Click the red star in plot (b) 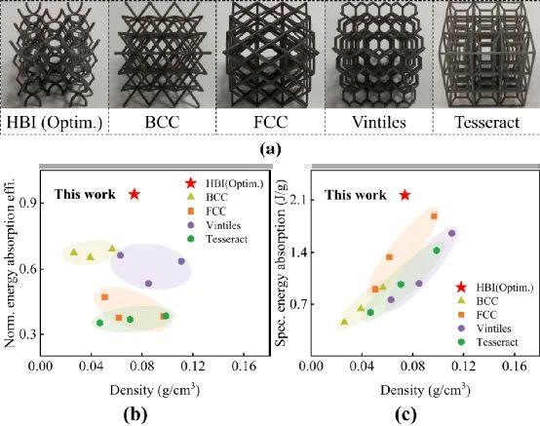point(135,194)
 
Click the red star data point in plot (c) point(405,195)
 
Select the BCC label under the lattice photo point(162,122)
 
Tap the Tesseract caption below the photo point(486,122)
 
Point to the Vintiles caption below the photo point(379,122)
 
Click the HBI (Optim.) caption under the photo point(55,123)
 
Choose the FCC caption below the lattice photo point(270,122)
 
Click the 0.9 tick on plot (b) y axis point(26,203)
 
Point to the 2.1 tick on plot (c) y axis point(297,200)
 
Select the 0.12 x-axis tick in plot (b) point(193,367)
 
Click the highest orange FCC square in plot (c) point(434,216)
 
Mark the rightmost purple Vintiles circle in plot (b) point(181,261)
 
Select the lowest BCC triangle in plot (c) point(344,322)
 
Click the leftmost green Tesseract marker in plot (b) point(99,323)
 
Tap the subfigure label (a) point(270,149)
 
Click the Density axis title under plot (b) point(155,390)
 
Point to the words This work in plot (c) point(356,195)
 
